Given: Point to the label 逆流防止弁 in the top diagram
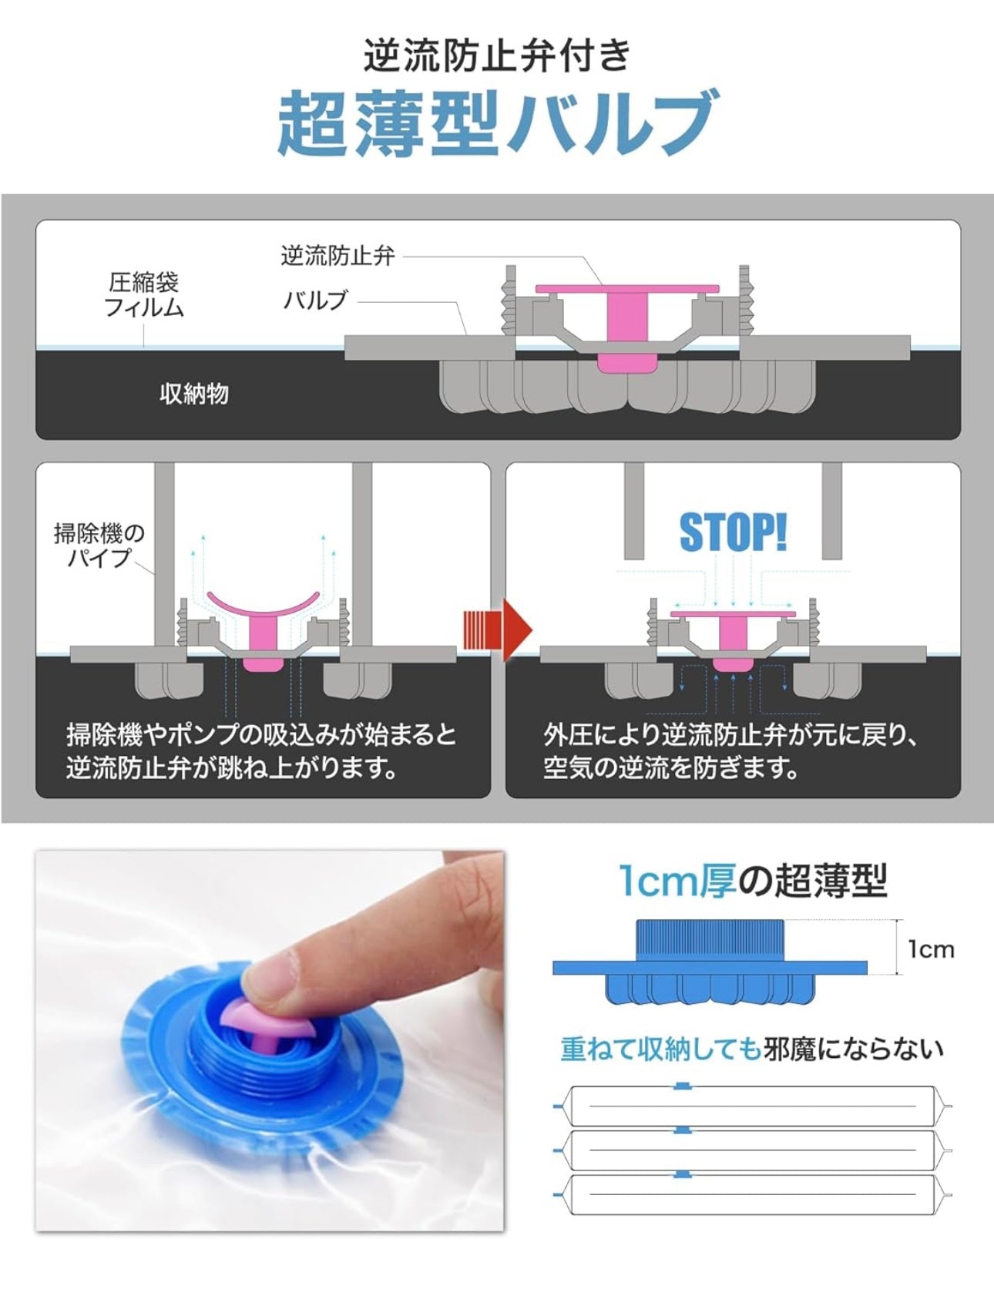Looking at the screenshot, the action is click(x=337, y=255).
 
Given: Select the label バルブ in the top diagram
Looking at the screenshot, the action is click(x=316, y=299).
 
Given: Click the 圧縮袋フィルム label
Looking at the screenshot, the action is click(x=144, y=294).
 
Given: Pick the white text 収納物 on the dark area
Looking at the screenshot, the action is click(x=193, y=394).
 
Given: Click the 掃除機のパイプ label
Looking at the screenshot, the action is click(x=99, y=545).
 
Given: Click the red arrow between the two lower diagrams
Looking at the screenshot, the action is click(x=497, y=630).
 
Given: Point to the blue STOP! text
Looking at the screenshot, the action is click(x=733, y=532).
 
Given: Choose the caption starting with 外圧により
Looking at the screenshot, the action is click(x=730, y=751).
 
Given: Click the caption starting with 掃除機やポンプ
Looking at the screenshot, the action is click(x=261, y=751).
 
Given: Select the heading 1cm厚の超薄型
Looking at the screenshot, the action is click(x=754, y=880).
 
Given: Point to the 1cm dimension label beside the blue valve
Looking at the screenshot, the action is click(x=931, y=948).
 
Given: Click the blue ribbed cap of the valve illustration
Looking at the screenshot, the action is click(x=710, y=940).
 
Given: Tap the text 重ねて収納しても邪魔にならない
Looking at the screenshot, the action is click(x=751, y=1049).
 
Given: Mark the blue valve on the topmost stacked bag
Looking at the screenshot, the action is click(x=682, y=1086).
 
